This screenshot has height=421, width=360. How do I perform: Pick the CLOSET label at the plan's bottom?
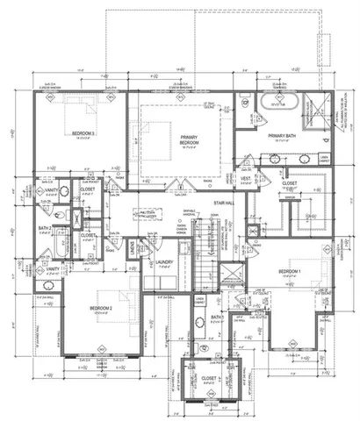[208, 379]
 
